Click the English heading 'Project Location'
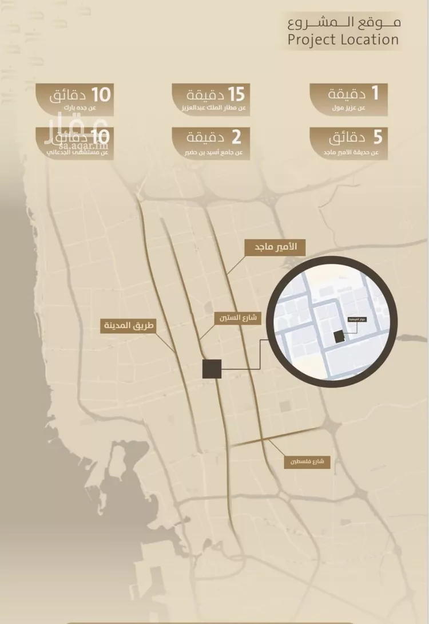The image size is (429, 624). [x=343, y=40]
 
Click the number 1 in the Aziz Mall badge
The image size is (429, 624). [x=375, y=93]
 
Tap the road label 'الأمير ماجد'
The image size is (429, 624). [x=275, y=248]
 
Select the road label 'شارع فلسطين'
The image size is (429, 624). [x=307, y=461]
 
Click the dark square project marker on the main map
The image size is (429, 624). [x=212, y=369]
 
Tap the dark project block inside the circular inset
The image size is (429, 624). [x=340, y=337]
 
